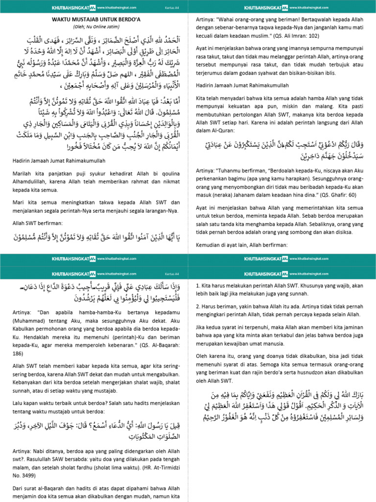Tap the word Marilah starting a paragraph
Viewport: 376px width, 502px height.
click(21, 173)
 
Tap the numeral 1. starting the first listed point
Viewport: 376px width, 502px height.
click(197, 285)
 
